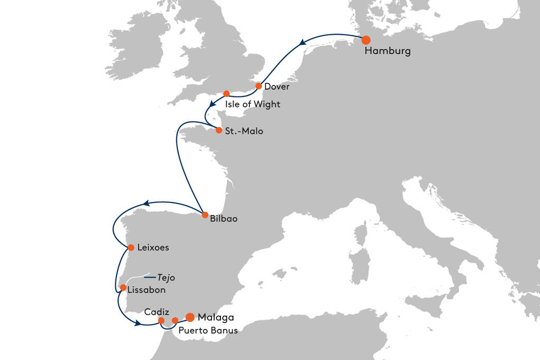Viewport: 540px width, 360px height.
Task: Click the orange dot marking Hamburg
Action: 365,40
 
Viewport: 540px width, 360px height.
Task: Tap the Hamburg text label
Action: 388,52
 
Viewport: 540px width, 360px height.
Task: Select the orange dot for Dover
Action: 259,86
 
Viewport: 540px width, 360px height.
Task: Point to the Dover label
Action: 277,86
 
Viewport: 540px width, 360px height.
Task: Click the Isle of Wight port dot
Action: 226,94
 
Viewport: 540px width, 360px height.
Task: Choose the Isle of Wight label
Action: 253,104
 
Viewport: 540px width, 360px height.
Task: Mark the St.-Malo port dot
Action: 219,130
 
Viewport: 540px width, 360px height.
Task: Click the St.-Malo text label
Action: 244,131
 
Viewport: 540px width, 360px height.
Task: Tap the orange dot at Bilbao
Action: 205,215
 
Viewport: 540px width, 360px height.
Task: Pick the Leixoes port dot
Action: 130,247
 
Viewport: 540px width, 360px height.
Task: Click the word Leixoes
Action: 152,247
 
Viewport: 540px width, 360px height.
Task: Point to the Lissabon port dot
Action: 123,288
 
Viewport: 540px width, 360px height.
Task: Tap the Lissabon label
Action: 147,290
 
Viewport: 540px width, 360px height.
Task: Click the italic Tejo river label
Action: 166,278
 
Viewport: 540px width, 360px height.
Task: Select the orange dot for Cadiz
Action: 161,320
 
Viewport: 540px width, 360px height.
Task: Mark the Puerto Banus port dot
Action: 175,320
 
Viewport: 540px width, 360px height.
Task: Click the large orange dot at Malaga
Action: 190,317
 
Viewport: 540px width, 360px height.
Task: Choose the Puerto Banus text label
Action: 208,331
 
